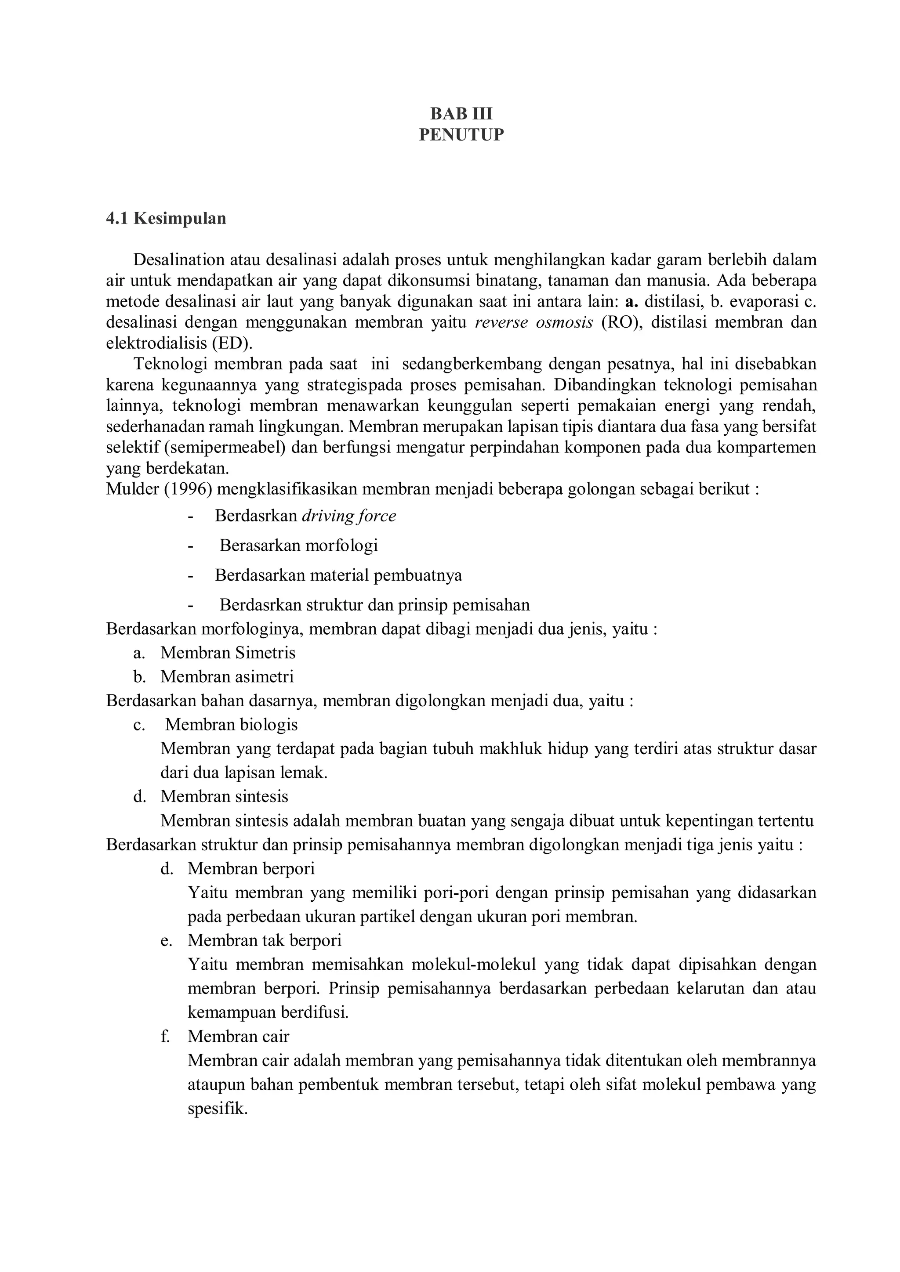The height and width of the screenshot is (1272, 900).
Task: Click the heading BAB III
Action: [x=461, y=114]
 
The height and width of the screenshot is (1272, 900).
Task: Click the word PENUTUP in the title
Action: [x=461, y=135]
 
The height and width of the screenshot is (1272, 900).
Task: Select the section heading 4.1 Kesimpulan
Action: [x=166, y=218]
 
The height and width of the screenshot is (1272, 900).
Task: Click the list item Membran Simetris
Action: [x=228, y=653]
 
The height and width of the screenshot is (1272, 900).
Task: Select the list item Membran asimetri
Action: [x=227, y=676]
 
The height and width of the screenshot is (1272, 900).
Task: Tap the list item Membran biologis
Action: [x=231, y=725]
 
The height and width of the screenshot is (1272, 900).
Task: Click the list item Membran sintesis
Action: [x=225, y=797]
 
